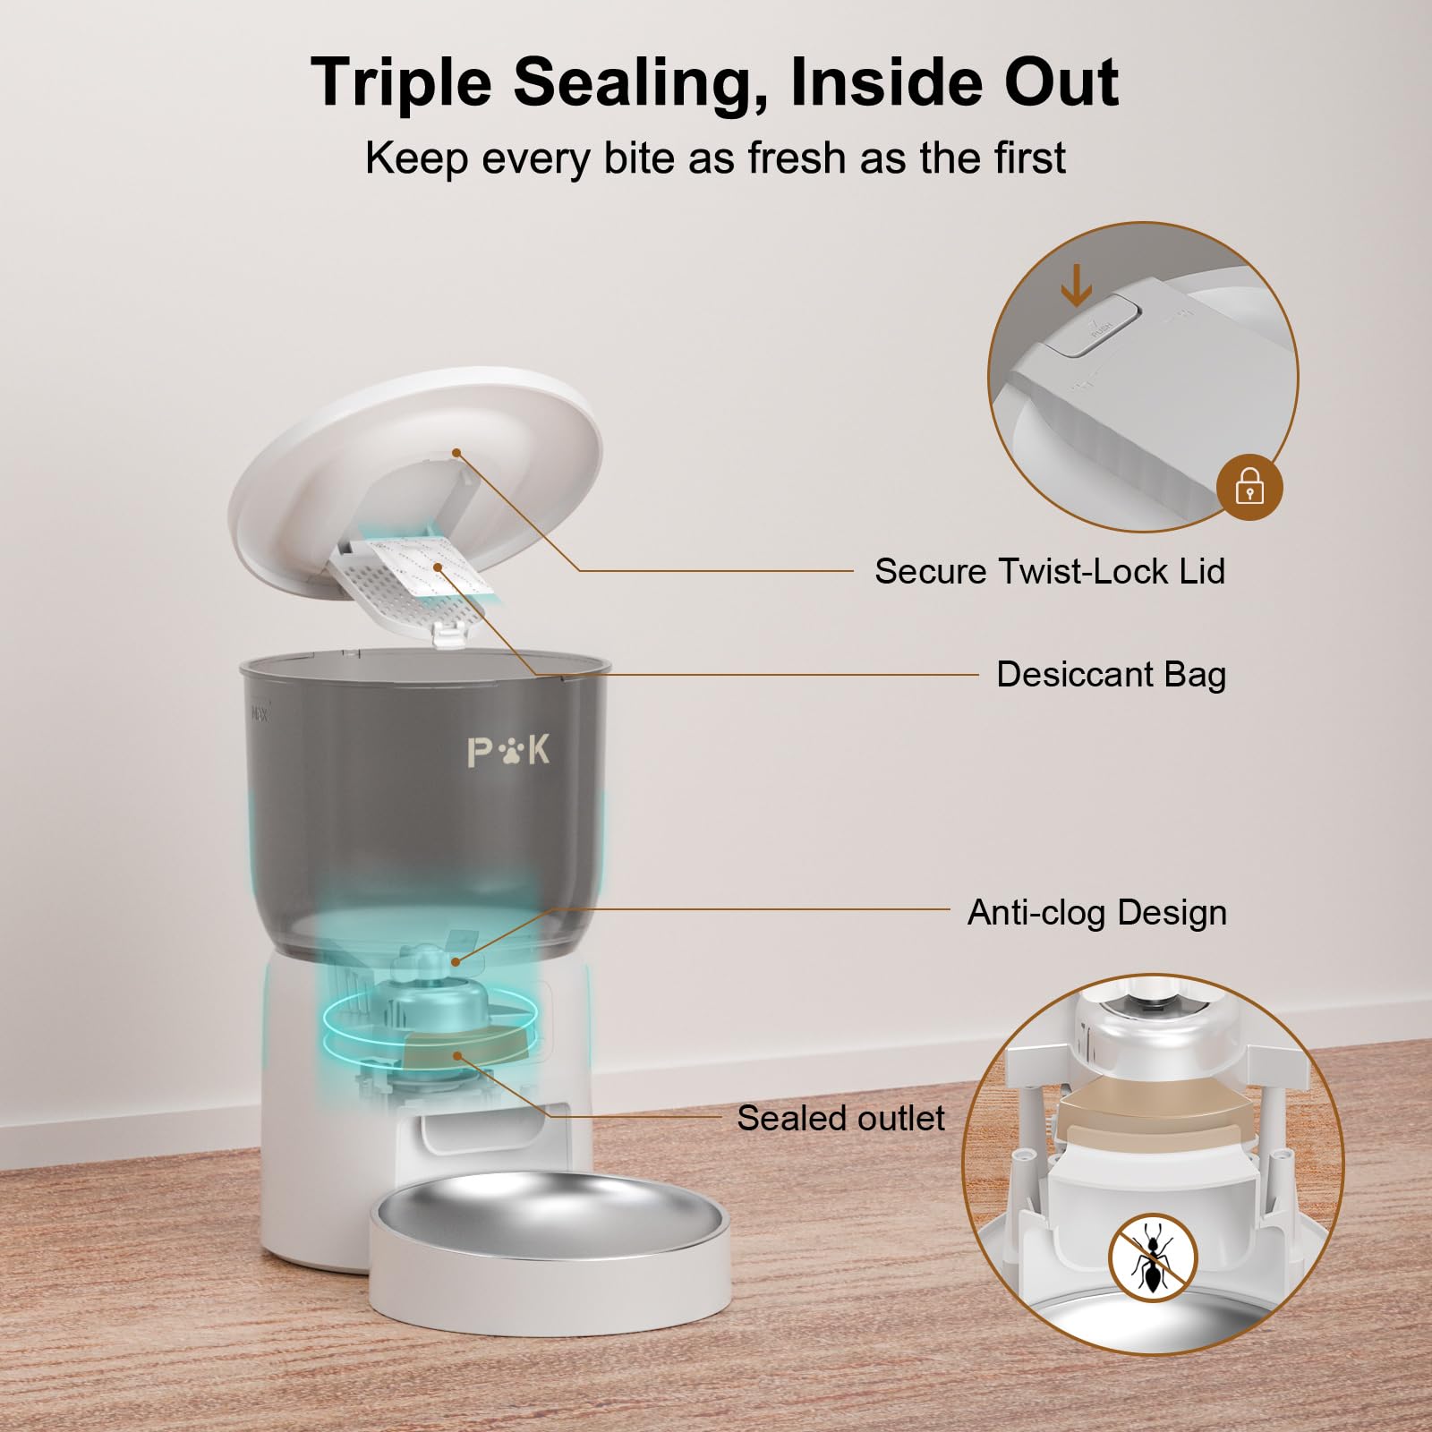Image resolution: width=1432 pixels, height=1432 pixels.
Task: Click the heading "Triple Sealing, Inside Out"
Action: click(714, 82)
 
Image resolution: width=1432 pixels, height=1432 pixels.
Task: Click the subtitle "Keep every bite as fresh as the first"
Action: click(715, 158)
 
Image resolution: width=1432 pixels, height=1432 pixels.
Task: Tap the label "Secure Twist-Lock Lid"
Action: click(1049, 571)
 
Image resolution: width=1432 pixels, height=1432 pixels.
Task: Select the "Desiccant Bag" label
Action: click(1111, 674)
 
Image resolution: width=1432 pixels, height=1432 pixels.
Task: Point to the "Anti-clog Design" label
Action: click(1096, 912)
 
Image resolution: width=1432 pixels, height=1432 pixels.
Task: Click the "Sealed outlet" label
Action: click(840, 1118)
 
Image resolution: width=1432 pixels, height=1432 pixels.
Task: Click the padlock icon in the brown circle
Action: click(1249, 489)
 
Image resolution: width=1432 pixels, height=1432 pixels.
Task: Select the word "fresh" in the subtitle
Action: click(797, 158)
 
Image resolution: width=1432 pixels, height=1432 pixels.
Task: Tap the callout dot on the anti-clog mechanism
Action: click(456, 961)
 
